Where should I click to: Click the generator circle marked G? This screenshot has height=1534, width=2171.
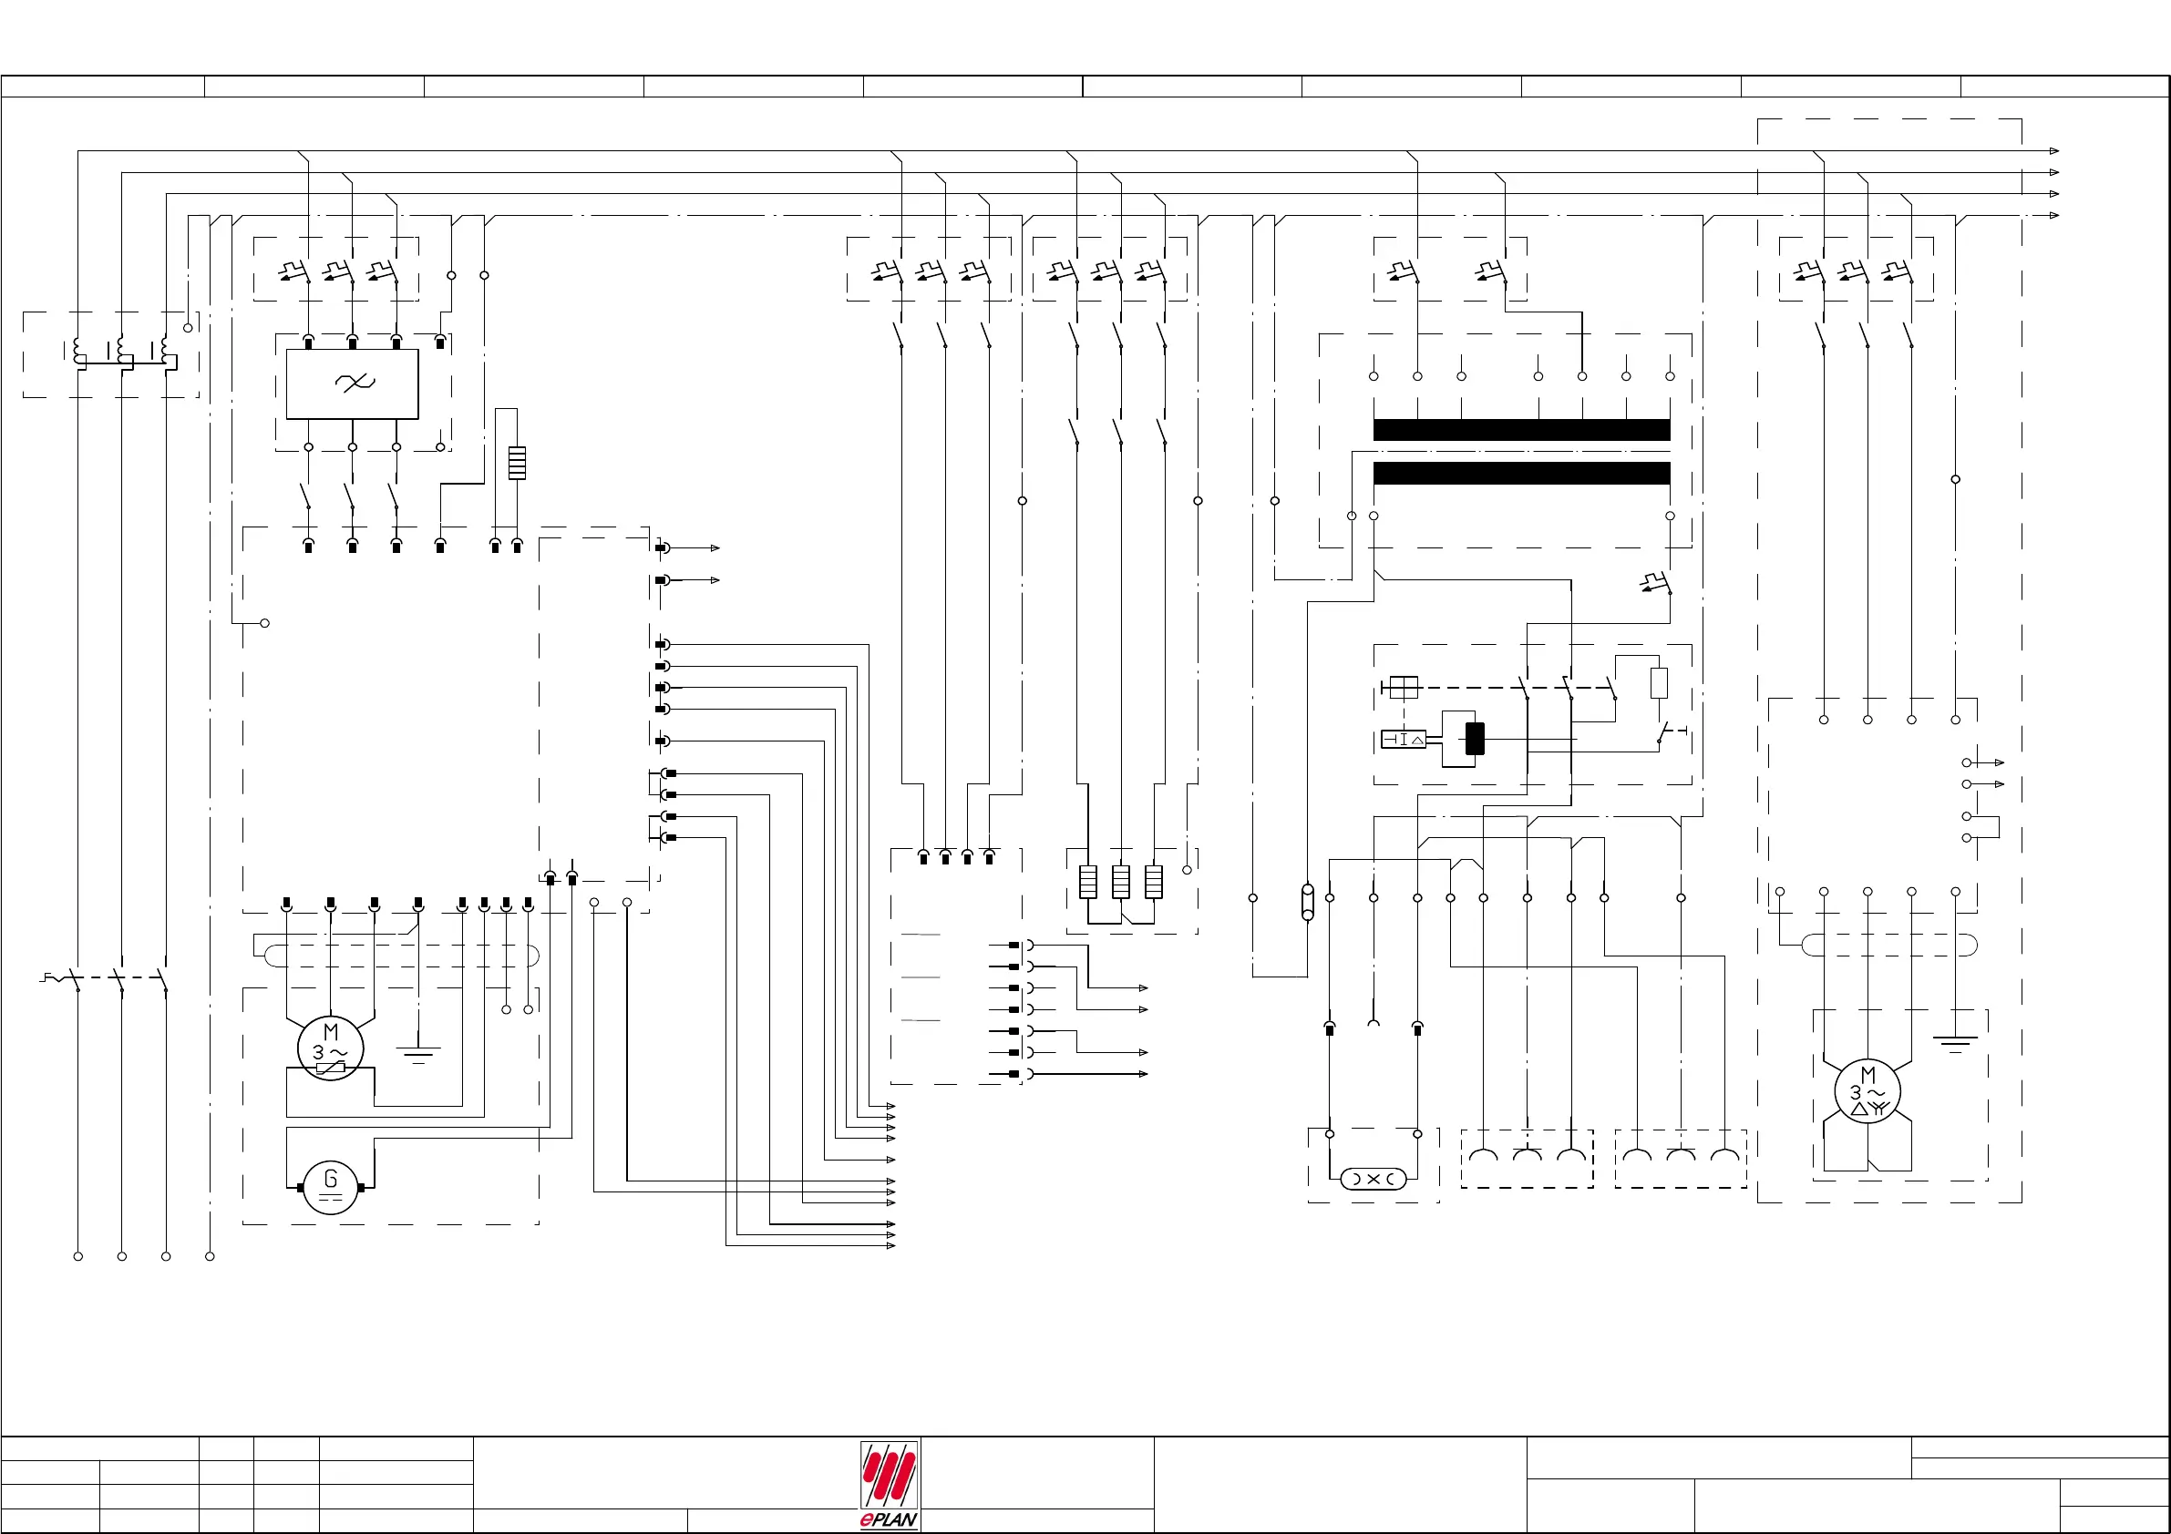click(330, 1187)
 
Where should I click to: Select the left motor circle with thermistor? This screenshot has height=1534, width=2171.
click(330, 1048)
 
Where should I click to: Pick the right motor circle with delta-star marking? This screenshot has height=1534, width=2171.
click(1867, 1090)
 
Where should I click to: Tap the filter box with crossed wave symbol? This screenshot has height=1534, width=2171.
click(352, 383)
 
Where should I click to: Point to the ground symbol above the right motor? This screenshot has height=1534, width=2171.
click(1954, 1042)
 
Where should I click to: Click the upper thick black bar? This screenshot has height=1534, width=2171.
click(1521, 430)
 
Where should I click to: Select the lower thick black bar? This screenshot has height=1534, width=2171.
click(1521, 474)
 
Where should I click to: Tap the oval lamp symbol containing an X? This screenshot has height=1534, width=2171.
click(1373, 1179)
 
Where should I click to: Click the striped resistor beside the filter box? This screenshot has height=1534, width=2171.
click(516, 462)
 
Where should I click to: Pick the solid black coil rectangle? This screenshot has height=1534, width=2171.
click(1474, 738)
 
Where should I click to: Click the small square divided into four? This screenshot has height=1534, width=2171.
click(1404, 687)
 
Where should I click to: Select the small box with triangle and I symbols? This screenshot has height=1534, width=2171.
click(1404, 739)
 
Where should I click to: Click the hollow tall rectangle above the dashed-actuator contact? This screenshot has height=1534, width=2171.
click(1659, 682)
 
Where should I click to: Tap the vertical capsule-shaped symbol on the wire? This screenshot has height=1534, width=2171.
click(1308, 902)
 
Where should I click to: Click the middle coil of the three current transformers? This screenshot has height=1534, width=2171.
click(122, 353)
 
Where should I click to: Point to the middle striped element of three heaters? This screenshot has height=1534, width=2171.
click(1120, 882)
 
